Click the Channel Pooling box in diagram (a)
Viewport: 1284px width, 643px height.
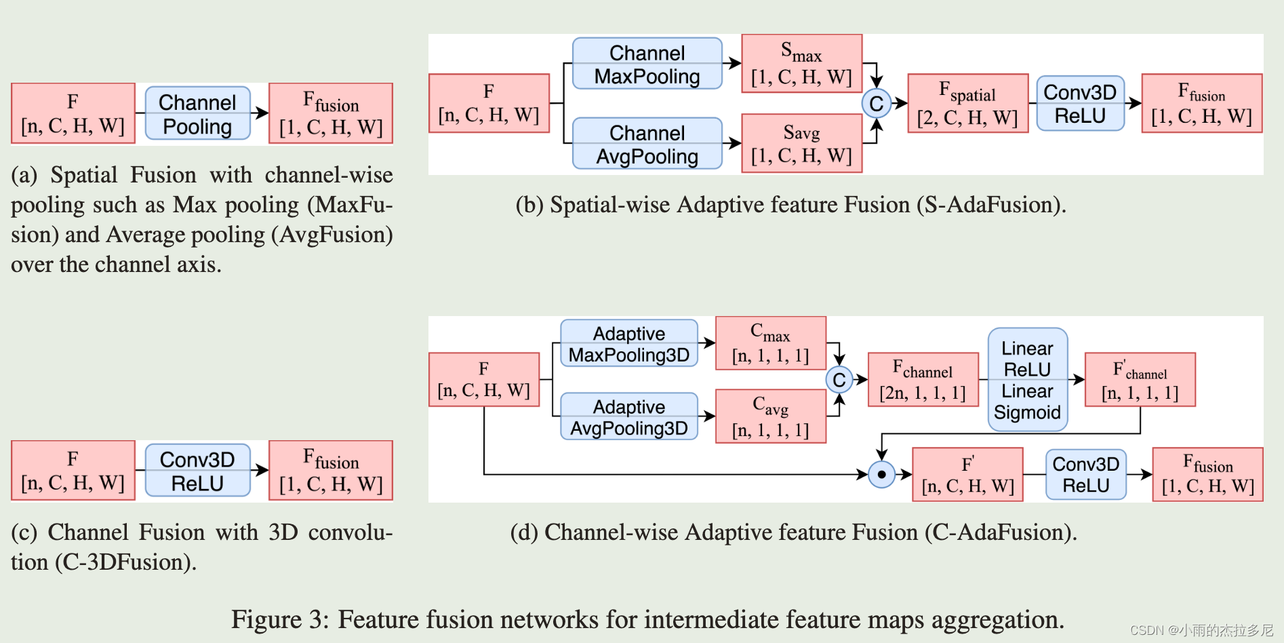tap(197, 114)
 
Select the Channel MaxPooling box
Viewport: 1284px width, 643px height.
tap(647, 64)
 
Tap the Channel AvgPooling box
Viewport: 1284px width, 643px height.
tap(647, 144)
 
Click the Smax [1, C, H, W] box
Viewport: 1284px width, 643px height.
tap(801, 64)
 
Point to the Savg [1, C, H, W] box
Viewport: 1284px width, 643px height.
tap(801, 144)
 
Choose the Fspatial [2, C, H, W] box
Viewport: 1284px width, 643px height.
tap(967, 104)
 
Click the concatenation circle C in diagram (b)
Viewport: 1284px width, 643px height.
tap(876, 104)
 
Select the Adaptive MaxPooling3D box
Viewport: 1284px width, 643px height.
tap(628, 344)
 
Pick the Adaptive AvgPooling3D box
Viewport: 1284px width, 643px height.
tap(628, 417)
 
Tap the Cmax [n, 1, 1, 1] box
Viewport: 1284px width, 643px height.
tap(770, 344)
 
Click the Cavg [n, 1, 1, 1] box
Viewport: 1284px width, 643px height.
tap(770, 416)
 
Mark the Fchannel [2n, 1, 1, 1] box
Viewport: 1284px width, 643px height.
tap(923, 380)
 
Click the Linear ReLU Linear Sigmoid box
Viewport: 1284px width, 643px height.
tap(1027, 380)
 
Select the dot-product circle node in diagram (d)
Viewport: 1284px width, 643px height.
tap(881, 474)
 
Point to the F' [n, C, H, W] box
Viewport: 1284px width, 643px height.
tap(967, 475)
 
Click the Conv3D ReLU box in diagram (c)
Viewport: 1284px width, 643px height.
tap(197, 471)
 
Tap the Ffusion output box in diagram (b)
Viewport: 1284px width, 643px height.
tap(1201, 104)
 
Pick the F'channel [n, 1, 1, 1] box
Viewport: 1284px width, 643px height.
tap(1140, 380)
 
